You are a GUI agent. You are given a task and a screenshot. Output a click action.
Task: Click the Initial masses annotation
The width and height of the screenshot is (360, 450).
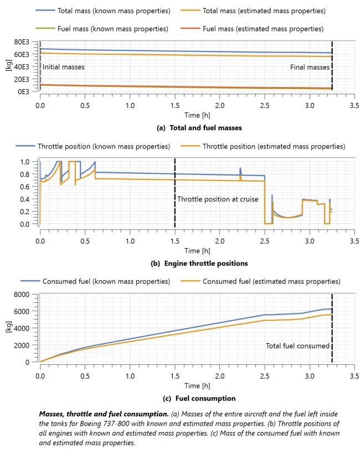point(63,66)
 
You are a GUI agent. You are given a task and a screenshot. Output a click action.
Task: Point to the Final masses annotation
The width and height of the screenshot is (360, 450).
point(310,66)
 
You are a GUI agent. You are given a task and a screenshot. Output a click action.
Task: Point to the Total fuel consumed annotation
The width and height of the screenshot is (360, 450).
point(297,346)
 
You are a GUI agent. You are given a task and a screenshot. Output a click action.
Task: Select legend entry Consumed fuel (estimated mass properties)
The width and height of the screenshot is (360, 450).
point(271,281)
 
